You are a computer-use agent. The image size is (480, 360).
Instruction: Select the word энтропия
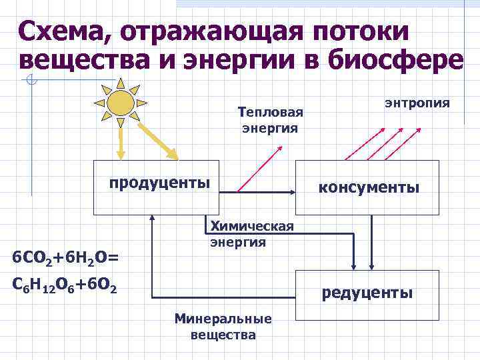(417, 103)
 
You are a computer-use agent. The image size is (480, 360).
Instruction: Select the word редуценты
(367, 293)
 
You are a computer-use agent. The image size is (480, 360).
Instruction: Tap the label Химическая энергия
(251, 234)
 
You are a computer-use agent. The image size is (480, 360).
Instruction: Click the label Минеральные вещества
(223, 326)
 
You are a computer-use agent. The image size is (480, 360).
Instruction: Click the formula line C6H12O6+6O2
(65, 287)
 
